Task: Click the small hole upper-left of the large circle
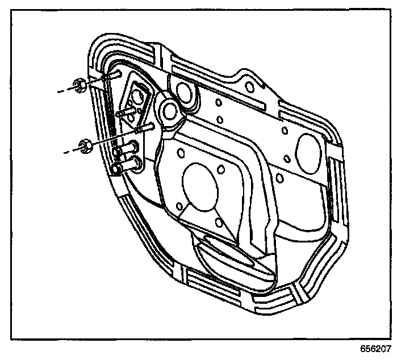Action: tap(180, 152)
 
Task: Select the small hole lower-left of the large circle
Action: tap(179, 206)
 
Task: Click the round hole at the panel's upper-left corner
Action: tap(183, 90)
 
